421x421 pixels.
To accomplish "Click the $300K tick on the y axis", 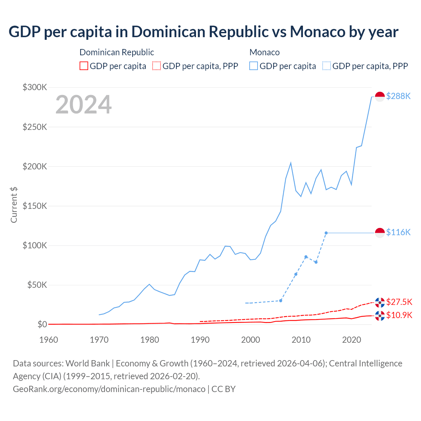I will pyautogui.click(x=35, y=87).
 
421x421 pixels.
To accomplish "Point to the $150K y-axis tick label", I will pyautogui.click(x=35, y=206).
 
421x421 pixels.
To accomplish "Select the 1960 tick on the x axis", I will pyautogui.click(x=49, y=340).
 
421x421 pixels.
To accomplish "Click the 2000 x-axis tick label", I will pyautogui.click(x=251, y=340).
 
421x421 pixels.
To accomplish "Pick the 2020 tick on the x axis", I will pyautogui.click(x=352, y=340).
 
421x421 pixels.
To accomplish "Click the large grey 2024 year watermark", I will pyautogui.click(x=84, y=105).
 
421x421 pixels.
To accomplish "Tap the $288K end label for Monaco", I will pyautogui.click(x=398, y=96).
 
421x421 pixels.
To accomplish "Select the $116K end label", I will pyautogui.click(x=398, y=232).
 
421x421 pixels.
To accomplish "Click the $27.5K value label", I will pyautogui.click(x=399, y=302).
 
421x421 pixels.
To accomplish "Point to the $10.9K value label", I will pyautogui.click(x=399, y=315).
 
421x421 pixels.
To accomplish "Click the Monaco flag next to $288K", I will pyautogui.click(x=380, y=97).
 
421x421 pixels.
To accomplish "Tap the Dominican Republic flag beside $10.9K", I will pyautogui.click(x=380, y=316).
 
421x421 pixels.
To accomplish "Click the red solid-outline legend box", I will pyautogui.click(x=84, y=66).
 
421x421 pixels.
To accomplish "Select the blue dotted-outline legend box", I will pyautogui.click(x=327, y=66).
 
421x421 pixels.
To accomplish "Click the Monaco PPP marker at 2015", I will pyautogui.click(x=326, y=233).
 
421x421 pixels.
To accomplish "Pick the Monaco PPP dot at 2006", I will pyautogui.click(x=281, y=301).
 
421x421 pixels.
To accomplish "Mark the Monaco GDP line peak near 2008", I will pyautogui.click(x=291, y=163).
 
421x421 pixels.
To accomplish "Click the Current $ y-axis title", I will pyautogui.click(x=14, y=205).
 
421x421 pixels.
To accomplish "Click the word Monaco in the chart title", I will pyautogui.click(x=317, y=32).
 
